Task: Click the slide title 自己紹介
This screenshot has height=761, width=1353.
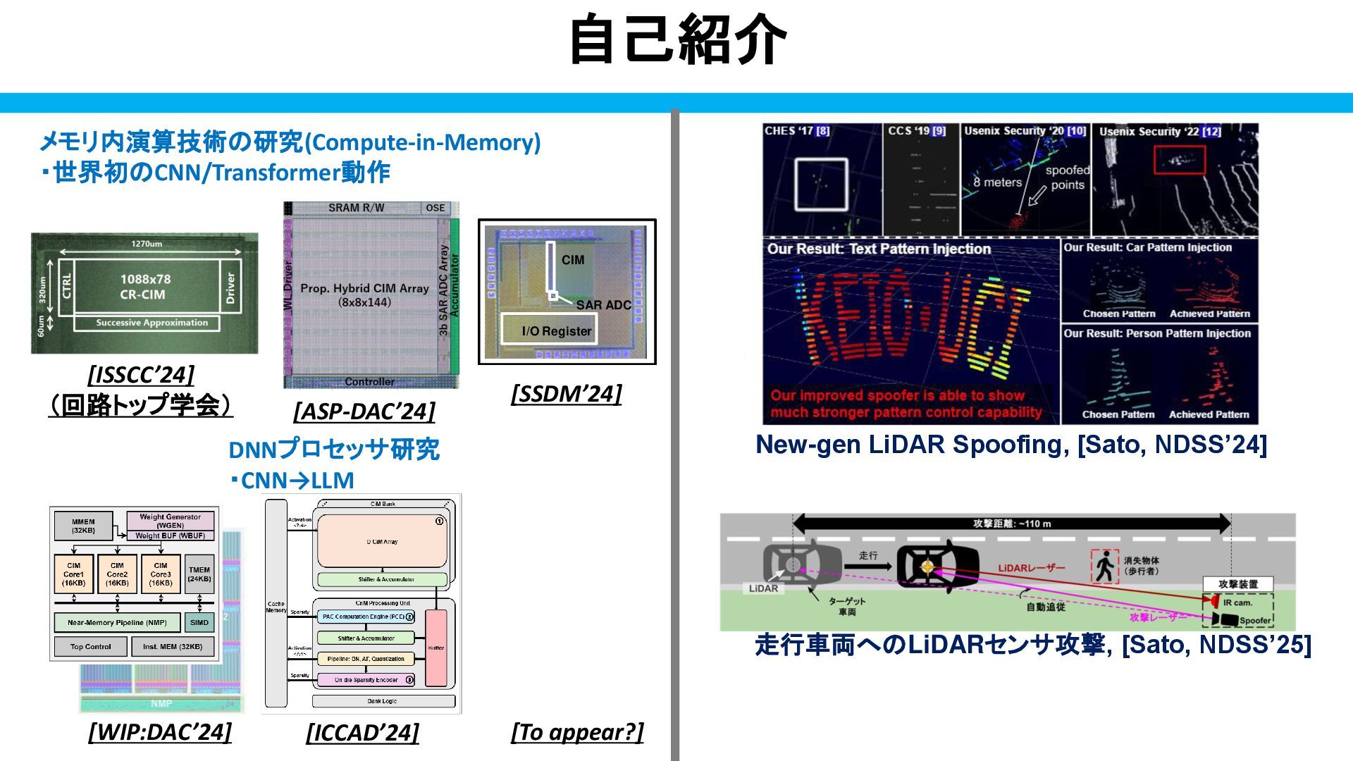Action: (676, 40)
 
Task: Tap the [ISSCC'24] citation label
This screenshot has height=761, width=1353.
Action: (141, 374)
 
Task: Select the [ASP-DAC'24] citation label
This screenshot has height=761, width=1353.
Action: (364, 411)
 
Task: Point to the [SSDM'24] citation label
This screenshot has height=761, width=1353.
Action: (567, 393)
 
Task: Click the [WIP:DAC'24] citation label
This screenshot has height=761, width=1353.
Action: (160, 731)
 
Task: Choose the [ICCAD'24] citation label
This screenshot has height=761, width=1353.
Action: (362, 732)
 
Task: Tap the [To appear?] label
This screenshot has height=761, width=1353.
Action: (577, 731)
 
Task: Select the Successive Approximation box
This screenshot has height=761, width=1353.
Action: (152, 323)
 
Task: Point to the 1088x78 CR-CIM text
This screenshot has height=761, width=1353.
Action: (145, 287)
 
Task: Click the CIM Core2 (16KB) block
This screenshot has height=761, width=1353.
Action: (117, 574)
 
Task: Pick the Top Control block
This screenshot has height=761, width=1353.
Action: (91, 646)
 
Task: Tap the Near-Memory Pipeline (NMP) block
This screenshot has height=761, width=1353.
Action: (117, 622)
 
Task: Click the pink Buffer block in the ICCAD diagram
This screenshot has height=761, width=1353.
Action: (436, 648)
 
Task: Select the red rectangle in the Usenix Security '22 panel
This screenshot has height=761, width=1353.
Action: (1180, 160)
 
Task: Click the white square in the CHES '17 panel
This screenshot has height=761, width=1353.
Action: (821, 184)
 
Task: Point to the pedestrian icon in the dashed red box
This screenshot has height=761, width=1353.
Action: (1104, 566)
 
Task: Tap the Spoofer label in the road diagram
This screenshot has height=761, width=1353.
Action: (1254, 621)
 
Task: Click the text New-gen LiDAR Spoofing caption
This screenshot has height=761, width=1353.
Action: (1011, 445)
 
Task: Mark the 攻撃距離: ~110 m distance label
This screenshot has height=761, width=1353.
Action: (1012, 524)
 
